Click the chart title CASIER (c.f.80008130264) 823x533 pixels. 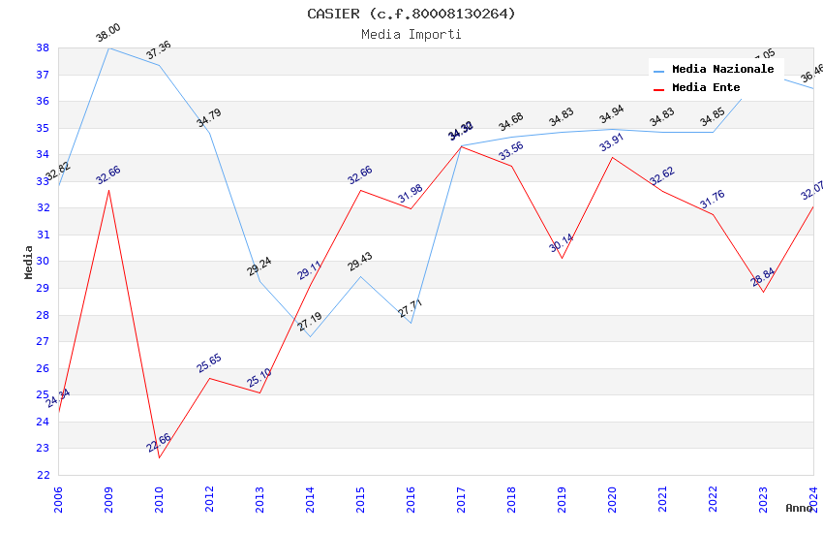(411, 14)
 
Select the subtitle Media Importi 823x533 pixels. (411, 34)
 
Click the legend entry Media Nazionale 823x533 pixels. (722, 70)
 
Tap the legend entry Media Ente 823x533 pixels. (706, 88)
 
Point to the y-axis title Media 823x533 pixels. (29, 262)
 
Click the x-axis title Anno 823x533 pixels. (799, 508)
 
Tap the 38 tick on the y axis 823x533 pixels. (43, 47)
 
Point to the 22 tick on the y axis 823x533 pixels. (43, 475)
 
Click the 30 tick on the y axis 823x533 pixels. (43, 262)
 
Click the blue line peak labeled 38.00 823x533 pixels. (108, 47)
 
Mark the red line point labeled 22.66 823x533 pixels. (159, 457)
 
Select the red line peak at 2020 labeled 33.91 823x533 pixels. (612, 157)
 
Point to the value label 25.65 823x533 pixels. (209, 363)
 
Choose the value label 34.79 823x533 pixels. (209, 118)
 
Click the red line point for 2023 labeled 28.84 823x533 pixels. (763, 292)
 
